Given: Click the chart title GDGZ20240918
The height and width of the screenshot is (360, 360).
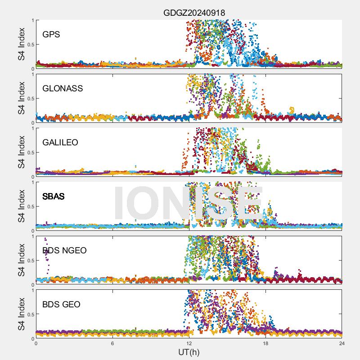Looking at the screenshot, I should tap(194, 13).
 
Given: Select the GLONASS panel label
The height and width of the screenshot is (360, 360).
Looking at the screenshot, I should tap(63, 88).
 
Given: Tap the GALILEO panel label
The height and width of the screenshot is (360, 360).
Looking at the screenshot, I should tap(60, 142).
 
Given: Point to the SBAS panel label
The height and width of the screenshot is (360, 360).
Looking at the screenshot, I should tap(53, 196).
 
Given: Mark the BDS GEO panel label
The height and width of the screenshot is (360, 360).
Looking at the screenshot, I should tap(61, 304).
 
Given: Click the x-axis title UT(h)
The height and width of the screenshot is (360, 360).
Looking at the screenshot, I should tap(189, 351).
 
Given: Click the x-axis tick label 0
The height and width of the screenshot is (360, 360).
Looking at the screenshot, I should tap(36, 343).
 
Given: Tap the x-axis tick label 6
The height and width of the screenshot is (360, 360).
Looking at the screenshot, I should tap(112, 343).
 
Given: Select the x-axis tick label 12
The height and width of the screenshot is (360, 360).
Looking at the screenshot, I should tap(189, 343).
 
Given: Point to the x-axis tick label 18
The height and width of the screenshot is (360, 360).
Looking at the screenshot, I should tap(265, 343).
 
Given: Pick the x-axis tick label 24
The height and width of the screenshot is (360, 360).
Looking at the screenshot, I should tap(342, 343).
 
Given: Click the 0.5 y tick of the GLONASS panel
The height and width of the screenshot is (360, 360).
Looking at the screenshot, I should tap(30, 99).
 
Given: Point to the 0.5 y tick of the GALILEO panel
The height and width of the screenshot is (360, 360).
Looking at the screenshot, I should tap(30, 153).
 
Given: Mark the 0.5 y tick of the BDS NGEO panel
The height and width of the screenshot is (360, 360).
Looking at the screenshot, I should tap(30, 261).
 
